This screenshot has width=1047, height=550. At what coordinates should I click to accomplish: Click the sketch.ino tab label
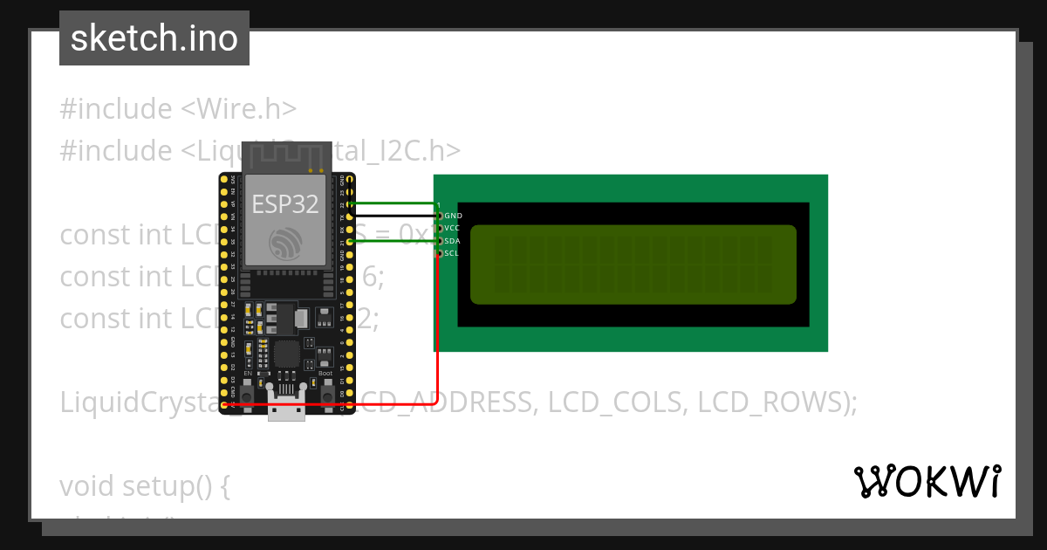click(x=154, y=38)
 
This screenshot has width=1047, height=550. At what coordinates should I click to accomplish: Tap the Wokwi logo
click(x=927, y=481)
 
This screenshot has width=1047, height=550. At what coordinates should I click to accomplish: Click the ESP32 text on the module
click(x=285, y=204)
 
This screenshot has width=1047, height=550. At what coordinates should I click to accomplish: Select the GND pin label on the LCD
click(x=453, y=215)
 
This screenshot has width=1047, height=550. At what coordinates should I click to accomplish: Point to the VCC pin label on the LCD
click(x=452, y=228)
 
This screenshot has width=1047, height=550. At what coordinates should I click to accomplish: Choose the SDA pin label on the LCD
click(x=452, y=241)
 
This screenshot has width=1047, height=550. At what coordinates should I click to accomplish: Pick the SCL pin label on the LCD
click(x=451, y=254)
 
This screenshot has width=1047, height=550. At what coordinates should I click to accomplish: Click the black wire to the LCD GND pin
click(x=393, y=215)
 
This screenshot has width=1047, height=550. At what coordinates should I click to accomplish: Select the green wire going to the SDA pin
click(x=393, y=241)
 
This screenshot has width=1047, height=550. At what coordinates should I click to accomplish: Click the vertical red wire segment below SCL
click(x=436, y=332)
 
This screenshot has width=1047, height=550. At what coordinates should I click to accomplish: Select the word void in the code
click(x=87, y=486)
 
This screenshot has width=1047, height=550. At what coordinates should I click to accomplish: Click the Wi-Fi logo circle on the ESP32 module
click(x=285, y=243)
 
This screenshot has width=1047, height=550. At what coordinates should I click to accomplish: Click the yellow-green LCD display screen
click(x=633, y=265)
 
